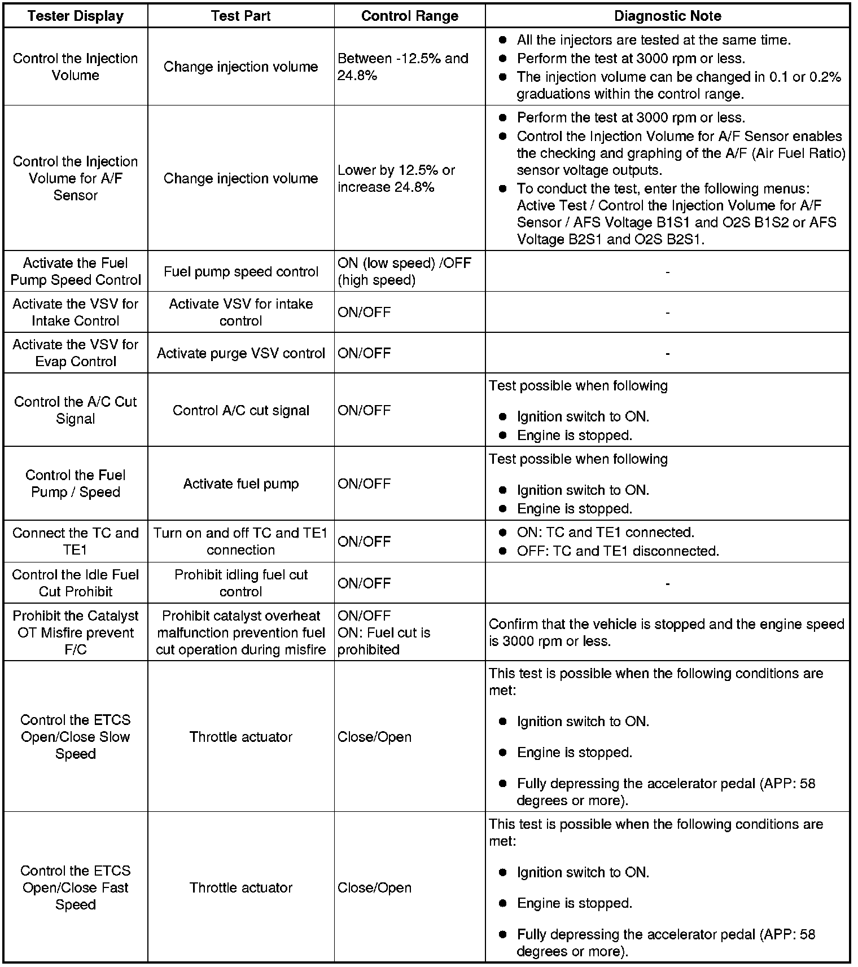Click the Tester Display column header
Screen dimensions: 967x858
(x=76, y=16)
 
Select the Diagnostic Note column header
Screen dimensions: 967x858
(x=667, y=16)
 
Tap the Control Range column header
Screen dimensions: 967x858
(x=409, y=16)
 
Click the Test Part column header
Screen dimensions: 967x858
(x=240, y=16)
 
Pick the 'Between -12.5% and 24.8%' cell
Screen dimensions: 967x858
(x=403, y=67)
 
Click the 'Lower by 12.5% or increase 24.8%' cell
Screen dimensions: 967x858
(x=396, y=178)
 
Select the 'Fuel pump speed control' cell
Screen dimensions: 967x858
(x=241, y=271)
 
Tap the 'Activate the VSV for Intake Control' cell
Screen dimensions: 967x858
(x=76, y=312)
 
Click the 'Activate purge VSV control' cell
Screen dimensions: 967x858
(x=241, y=353)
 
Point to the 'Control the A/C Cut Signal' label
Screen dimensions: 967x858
(x=76, y=410)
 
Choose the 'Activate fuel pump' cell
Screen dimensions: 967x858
(x=241, y=483)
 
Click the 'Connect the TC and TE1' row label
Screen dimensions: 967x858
(x=76, y=541)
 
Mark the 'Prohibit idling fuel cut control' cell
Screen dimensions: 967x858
(x=241, y=583)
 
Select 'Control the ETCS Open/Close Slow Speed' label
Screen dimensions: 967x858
(x=76, y=736)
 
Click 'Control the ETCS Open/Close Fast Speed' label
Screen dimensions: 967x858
(x=76, y=887)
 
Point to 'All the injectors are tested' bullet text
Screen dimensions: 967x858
(x=654, y=40)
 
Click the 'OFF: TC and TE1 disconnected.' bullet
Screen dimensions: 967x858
(x=618, y=551)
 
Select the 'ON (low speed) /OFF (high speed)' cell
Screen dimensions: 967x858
(x=404, y=271)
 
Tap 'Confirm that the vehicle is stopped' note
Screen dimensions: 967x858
(x=666, y=632)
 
